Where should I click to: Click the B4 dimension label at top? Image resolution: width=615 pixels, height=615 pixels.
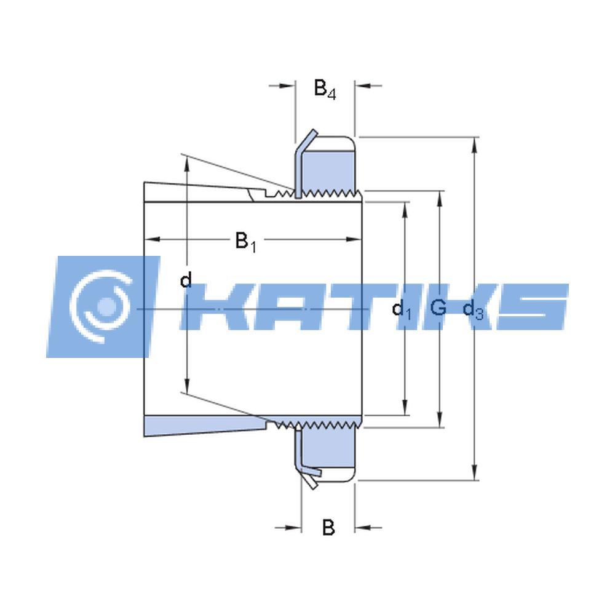(325, 89)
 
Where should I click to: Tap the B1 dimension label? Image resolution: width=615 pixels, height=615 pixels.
(245, 241)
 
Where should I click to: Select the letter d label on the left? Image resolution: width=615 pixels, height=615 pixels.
(186, 281)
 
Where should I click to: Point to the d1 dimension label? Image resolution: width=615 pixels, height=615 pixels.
(402, 309)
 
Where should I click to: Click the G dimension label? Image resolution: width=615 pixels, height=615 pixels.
(438, 307)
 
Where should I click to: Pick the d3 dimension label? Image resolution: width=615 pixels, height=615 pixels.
(473, 309)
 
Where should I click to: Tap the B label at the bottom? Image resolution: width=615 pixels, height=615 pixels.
(328, 528)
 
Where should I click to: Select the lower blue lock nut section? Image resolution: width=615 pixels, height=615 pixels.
(329, 451)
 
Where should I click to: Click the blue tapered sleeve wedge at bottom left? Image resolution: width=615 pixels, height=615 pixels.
(197, 425)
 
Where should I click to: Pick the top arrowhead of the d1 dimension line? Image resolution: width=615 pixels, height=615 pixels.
(405, 208)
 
